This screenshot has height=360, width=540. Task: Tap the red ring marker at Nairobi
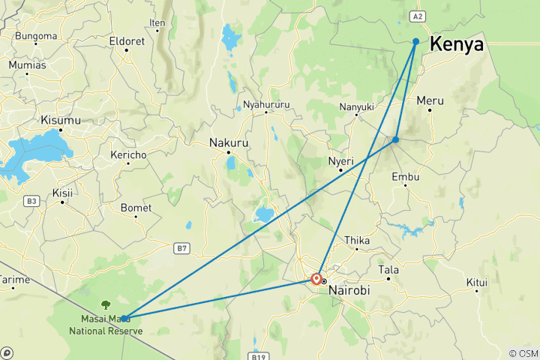point(316,279)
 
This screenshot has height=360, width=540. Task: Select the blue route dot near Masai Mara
point(124,318)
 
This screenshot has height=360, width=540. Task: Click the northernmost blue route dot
point(415,41)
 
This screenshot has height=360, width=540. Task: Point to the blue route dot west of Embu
point(395,139)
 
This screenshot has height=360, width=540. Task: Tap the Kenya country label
point(456,45)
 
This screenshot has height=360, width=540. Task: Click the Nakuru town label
point(229,142)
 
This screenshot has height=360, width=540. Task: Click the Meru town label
point(430,100)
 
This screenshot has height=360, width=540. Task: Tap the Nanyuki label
point(357,107)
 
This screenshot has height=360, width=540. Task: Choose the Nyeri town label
point(340,160)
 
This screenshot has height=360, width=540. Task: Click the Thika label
point(357,240)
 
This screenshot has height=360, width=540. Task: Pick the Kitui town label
point(477,283)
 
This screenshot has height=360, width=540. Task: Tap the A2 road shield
point(418,15)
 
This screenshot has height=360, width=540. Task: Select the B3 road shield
point(31,201)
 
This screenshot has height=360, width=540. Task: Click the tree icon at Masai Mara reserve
point(105,305)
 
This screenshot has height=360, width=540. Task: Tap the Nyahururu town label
point(266,106)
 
